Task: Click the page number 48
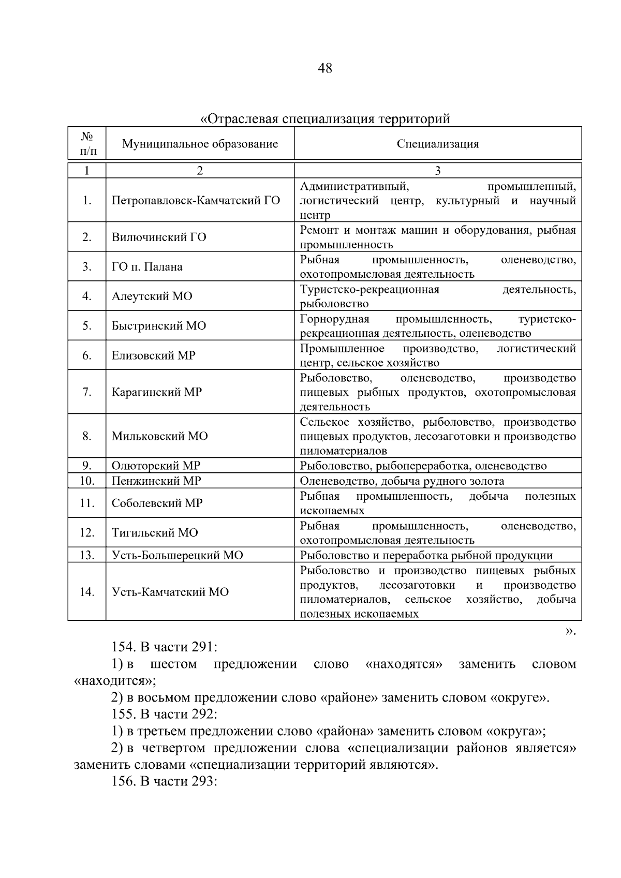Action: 325,68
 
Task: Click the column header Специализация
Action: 438,144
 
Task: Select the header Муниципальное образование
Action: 200,144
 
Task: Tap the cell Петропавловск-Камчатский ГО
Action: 196,201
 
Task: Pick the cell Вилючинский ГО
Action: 159,237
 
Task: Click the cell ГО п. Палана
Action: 147,267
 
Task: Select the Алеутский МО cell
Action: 152,296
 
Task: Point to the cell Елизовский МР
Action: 153,355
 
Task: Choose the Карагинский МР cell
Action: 156,392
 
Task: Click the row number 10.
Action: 86,481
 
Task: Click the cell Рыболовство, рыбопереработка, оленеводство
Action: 423,466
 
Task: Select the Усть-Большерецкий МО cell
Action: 177,556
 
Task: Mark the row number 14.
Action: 86,592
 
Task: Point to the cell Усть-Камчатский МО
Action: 170,592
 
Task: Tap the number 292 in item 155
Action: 203,715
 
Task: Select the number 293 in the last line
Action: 203,782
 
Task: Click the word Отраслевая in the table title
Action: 239,120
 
